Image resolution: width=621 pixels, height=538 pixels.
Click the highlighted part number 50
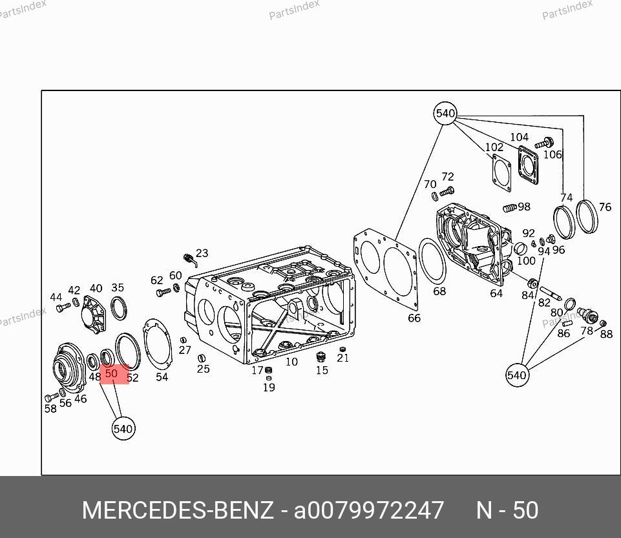tap(111, 373)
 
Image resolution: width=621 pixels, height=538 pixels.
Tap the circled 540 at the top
tap(445, 113)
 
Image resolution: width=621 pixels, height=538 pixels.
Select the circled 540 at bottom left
tap(123, 429)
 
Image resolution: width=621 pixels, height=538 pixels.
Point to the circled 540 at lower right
tap(517, 375)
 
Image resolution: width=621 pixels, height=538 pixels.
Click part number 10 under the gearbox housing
tap(291, 362)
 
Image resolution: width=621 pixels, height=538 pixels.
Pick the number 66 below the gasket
tap(414, 318)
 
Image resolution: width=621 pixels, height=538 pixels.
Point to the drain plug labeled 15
tap(321, 357)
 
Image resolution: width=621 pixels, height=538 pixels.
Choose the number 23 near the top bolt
tap(202, 253)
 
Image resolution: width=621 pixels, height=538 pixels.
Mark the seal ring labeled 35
tap(112, 308)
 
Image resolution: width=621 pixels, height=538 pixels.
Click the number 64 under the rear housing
tap(496, 293)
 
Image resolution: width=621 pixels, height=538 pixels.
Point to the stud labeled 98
tap(510, 207)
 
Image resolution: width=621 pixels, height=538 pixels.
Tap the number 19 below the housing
tap(269, 387)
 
